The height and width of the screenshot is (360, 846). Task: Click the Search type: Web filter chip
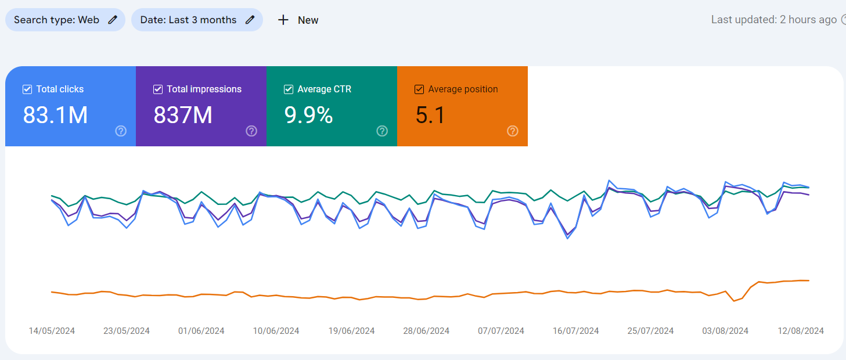[x=65, y=20]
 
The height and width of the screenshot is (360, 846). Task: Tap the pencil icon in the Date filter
[x=250, y=20]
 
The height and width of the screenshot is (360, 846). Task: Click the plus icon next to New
[x=283, y=20]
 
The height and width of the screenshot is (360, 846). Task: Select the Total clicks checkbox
[x=27, y=89]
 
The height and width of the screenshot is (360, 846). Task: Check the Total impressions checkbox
[x=158, y=89]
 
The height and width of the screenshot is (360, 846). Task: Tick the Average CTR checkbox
[x=289, y=89]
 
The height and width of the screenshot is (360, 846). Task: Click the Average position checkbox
[x=419, y=89]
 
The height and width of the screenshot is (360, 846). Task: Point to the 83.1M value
[x=55, y=115]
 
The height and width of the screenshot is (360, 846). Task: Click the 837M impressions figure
[x=183, y=115]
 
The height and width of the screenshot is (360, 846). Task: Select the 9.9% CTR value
[x=308, y=115]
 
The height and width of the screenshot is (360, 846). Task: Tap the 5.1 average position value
[x=430, y=115]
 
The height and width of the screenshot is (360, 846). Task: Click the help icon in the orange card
[x=513, y=131]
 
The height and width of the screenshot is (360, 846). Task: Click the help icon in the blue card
[x=121, y=131]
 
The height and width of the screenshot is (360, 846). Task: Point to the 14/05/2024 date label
[x=52, y=331]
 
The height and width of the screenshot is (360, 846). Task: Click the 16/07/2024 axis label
[x=575, y=331]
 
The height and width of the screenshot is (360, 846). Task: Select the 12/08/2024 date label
[x=801, y=331]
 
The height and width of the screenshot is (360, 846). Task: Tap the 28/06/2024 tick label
[x=426, y=331]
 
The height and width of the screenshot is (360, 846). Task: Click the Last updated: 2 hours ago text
[x=773, y=20]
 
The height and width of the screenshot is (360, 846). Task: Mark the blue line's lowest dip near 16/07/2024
[x=568, y=239]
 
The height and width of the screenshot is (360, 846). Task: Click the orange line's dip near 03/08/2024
[x=734, y=301]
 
